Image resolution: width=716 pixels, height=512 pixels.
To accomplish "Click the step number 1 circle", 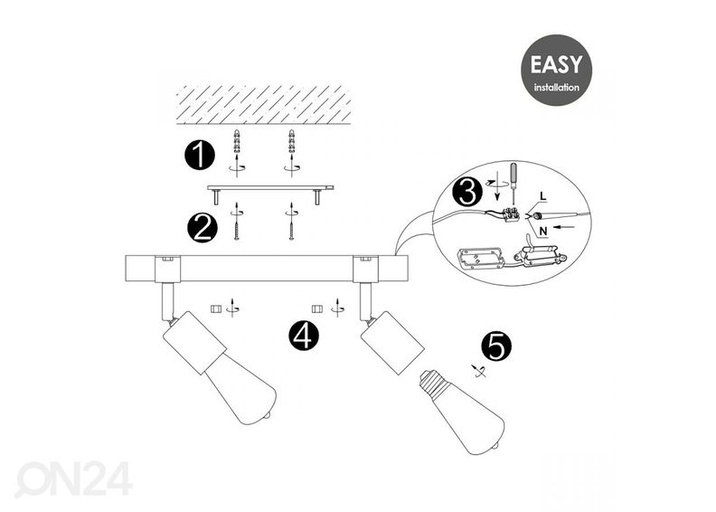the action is pyautogui.click(x=200, y=156).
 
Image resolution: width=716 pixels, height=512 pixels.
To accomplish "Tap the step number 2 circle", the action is pyautogui.click(x=203, y=227).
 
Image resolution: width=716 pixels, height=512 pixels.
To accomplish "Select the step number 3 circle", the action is pyautogui.click(x=467, y=193).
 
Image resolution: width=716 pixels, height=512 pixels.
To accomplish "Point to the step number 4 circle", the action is pyautogui.click(x=304, y=336).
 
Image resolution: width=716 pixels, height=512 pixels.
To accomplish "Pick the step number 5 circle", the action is pyautogui.click(x=497, y=346).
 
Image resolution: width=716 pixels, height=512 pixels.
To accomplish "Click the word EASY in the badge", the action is pyautogui.click(x=556, y=64).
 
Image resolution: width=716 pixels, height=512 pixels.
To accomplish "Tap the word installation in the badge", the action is pyautogui.click(x=556, y=87).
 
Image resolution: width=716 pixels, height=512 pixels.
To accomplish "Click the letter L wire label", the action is pyautogui.click(x=543, y=196).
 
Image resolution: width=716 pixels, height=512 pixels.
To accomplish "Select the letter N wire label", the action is pyautogui.click(x=543, y=232).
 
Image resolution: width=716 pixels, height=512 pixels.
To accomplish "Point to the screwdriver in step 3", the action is pyautogui.click(x=513, y=184).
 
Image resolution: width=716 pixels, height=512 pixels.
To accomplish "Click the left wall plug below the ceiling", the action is pyautogui.click(x=237, y=141).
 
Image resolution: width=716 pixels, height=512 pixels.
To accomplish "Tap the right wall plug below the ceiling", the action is pyautogui.click(x=291, y=141).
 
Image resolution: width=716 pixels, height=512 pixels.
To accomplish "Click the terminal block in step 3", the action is pyautogui.click(x=511, y=213).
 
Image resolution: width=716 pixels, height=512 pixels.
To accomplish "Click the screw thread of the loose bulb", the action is pyautogui.click(x=430, y=382).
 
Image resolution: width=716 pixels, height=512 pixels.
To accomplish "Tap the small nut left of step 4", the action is pyautogui.click(x=215, y=309).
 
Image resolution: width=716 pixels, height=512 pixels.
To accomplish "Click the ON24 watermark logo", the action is pyautogui.click(x=73, y=479).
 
